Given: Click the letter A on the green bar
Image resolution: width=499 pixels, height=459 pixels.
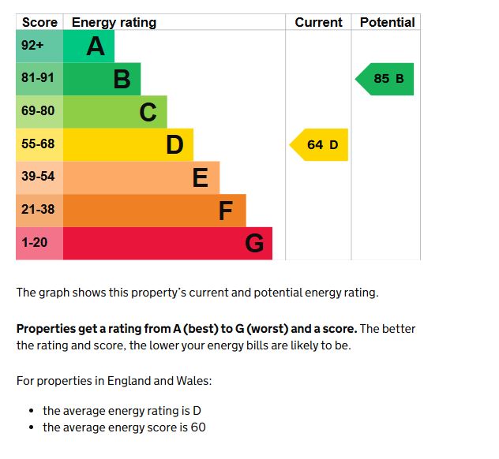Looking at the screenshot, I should click(96, 47).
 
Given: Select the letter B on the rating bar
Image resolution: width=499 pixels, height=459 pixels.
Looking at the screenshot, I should click(122, 79).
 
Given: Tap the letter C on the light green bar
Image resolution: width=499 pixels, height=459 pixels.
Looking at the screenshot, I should click(148, 113).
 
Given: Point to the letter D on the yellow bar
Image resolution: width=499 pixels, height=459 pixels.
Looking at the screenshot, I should click(174, 145).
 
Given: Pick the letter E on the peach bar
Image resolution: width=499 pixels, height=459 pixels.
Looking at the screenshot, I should click(201, 178).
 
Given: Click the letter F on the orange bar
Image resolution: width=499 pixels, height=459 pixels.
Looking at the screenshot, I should click(226, 211).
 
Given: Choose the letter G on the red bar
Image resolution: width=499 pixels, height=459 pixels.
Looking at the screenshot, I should click(253, 244).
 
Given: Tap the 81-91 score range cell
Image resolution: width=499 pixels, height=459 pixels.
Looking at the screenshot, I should click(38, 78).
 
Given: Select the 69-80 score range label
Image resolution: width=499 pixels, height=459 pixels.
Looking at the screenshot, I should click(38, 111).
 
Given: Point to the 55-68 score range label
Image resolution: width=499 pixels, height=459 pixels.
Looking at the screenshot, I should click(38, 144).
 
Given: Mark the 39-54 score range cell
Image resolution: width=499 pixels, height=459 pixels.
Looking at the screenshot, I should click(38, 177).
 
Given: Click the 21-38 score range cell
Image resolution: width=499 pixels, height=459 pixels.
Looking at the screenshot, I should click(38, 210).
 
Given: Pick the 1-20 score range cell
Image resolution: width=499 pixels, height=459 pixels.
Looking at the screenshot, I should click(35, 243).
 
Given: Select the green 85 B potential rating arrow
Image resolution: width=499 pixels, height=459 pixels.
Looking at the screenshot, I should click(386, 79).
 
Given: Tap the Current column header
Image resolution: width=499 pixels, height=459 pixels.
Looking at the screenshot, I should click(318, 22).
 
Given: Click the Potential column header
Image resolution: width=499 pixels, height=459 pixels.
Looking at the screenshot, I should click(387, 22).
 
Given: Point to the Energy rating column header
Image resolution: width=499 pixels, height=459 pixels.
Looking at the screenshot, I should click(114, 22).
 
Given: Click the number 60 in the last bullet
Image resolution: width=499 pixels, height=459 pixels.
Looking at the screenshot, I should click(198, 427).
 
